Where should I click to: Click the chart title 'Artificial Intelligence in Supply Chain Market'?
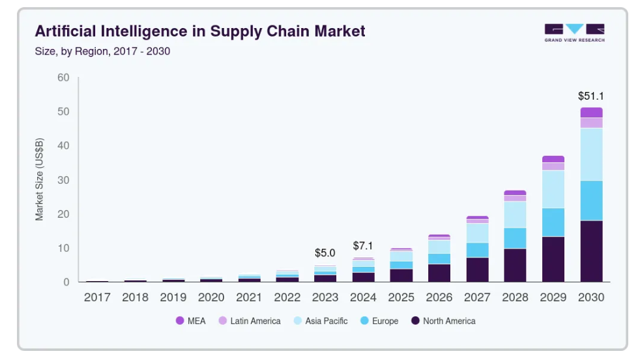[199, 31]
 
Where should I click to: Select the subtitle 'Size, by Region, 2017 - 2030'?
[102, 51]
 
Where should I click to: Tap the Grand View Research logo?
[574, 33]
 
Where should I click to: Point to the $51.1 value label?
[591, 96]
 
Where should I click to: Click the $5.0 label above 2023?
[325, 252]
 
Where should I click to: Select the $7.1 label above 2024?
[364, 246]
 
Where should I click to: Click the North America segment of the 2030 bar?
[591, 251]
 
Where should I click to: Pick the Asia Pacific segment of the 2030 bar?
[591, 155]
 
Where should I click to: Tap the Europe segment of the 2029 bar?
[553, 222]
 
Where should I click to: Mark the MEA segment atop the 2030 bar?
[591, 112]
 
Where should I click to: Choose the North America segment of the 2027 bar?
[477, 269]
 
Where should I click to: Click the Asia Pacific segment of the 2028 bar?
[515, 214]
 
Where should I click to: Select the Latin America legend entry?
[250, 321]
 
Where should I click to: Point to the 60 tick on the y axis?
[63, 78]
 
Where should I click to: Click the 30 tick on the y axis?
[63, 180]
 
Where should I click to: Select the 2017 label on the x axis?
[97, 297]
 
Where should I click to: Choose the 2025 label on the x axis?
[401, 297]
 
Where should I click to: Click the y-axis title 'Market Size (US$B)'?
[40, 179]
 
